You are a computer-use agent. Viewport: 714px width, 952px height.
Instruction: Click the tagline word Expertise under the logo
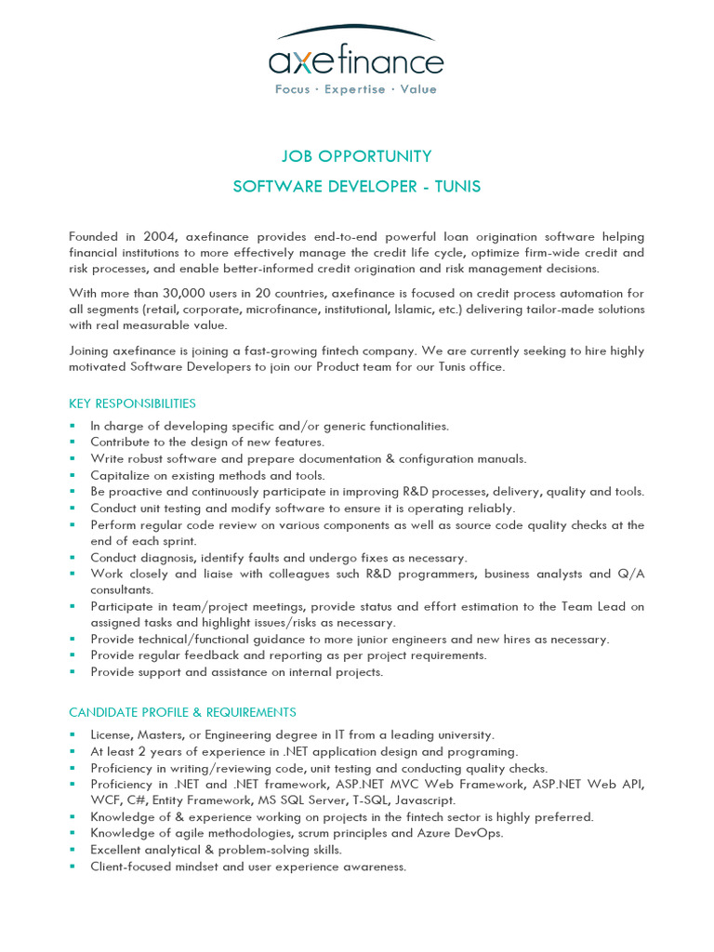(354, 89)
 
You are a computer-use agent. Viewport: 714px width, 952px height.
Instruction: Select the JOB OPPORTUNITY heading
(357, 156)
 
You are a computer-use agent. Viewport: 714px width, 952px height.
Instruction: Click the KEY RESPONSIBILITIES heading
(132, 403)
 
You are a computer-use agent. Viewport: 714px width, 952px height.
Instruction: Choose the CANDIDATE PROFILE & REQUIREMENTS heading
(182, 712)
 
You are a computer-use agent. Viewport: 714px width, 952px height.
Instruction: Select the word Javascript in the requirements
(425, 800)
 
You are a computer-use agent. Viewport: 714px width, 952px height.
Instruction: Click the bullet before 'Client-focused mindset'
(73, 866)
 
